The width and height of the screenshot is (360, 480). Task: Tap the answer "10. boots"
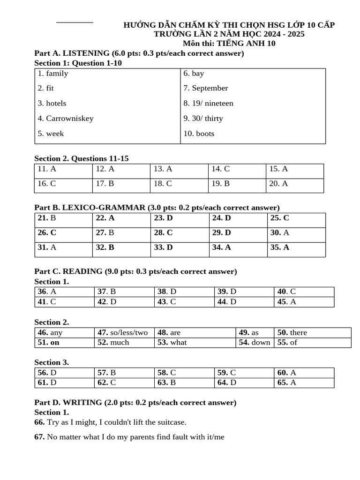(x=199, y=134)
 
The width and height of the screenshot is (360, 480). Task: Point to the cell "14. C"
(x=221, y=169)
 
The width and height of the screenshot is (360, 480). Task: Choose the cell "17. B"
(x=105, y=184)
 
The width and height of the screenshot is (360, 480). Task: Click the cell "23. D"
(x=164, y=218)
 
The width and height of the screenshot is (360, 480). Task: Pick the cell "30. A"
(x=280, y=232)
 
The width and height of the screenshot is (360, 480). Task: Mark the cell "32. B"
(x=105, y=247)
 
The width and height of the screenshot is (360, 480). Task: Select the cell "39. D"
(x=227, y=292)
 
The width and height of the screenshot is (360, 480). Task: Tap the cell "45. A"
(x=287, y=302)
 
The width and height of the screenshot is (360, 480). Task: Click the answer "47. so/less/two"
(x=122, y=332)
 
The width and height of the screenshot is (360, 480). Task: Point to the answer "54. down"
(x=255, y=342)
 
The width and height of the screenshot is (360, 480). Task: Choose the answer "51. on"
(x=49, y=342)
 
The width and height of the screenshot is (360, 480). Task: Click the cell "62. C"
(x=107, y=382)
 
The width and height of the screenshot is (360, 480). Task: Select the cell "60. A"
(x=287, y=373)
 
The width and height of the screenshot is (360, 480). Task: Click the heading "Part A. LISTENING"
(x=72, y=53)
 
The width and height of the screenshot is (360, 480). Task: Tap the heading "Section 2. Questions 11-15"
(x=82, y=158)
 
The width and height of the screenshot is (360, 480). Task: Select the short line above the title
(x=75, y=22)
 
